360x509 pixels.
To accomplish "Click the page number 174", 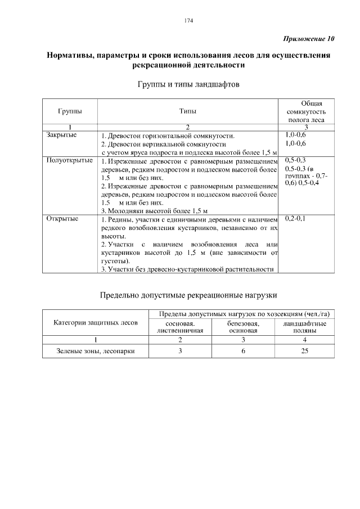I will pos(188,21).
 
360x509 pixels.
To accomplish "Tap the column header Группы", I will pos(69,111).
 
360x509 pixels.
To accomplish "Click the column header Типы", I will pos(188,111).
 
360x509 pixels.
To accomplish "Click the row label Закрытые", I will pos(61,136).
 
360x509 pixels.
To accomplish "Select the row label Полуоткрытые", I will pos(69,161).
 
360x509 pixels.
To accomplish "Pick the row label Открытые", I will pos(62,218).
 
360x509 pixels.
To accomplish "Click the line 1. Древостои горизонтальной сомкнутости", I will pos(168,136).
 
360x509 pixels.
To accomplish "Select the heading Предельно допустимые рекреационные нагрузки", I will pos(188,294).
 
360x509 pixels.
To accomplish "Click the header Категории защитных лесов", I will pos(96,323).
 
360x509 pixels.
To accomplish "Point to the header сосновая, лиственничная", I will pos(180,328).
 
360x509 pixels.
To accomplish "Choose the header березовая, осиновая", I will pos(243,328).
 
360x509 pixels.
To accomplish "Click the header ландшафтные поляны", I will pos(304,328).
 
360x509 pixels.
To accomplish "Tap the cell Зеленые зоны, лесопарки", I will pos(96,351).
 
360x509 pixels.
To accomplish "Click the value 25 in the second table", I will pos(304,351).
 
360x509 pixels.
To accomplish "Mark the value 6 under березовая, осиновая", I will pos(243,351).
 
